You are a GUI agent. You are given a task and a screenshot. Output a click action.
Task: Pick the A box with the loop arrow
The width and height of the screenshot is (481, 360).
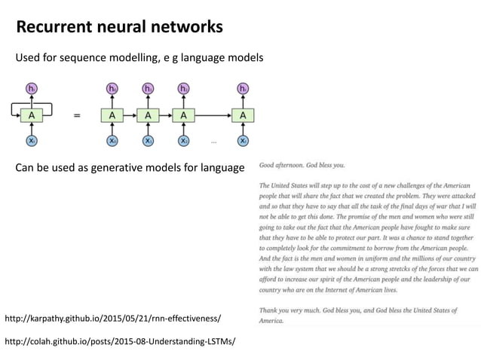pyautogui.click(x=32, y=115)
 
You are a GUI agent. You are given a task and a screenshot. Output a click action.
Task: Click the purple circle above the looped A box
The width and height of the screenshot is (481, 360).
pyautogui.click(x=32, y=90)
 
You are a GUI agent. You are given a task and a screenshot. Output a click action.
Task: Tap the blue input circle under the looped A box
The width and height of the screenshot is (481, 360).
pyautogui.click(x=32, y=141)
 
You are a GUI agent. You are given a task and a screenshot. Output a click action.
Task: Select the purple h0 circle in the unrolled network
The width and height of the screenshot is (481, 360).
pyautogui.click(x=112, y=90)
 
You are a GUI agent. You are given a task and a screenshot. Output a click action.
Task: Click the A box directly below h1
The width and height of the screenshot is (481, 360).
pyautogui.click(x=148, y=115)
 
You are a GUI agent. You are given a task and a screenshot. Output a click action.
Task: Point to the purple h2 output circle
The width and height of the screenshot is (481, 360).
pyautogui.click(x=183, y=90)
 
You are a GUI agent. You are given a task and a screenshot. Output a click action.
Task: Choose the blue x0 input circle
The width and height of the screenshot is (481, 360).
pyautogui.click(x=112, y=141)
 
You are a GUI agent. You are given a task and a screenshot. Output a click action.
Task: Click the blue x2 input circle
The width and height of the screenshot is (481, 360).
pyautogui.click(x=183, y=141)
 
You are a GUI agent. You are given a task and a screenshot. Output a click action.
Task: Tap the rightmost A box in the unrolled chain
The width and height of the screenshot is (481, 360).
pyautogui.click(x=243, y=115)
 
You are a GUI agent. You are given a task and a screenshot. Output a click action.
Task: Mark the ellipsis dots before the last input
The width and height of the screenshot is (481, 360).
pyautogui.click(x=214, y=142)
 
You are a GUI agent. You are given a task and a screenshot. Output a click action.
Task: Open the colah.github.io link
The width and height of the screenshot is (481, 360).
pyautogui.click(x=120, y=341)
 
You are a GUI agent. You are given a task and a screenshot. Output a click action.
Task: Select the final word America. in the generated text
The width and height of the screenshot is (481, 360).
pyautogui.click(x=271, y=321)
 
